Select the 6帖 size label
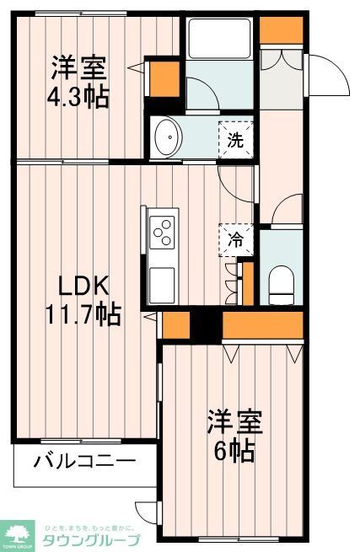[x=236, y=450]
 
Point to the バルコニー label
[x=84, y=461]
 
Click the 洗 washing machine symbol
[x=235, y=139]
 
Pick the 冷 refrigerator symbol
[x=235, y=239]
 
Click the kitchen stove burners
[x=162, y=231]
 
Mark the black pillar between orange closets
[x=205, y=324]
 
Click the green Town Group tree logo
[x=16, y=533]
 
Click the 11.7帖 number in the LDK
[x=81, y=314]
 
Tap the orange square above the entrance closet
[x=275, y=29]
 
